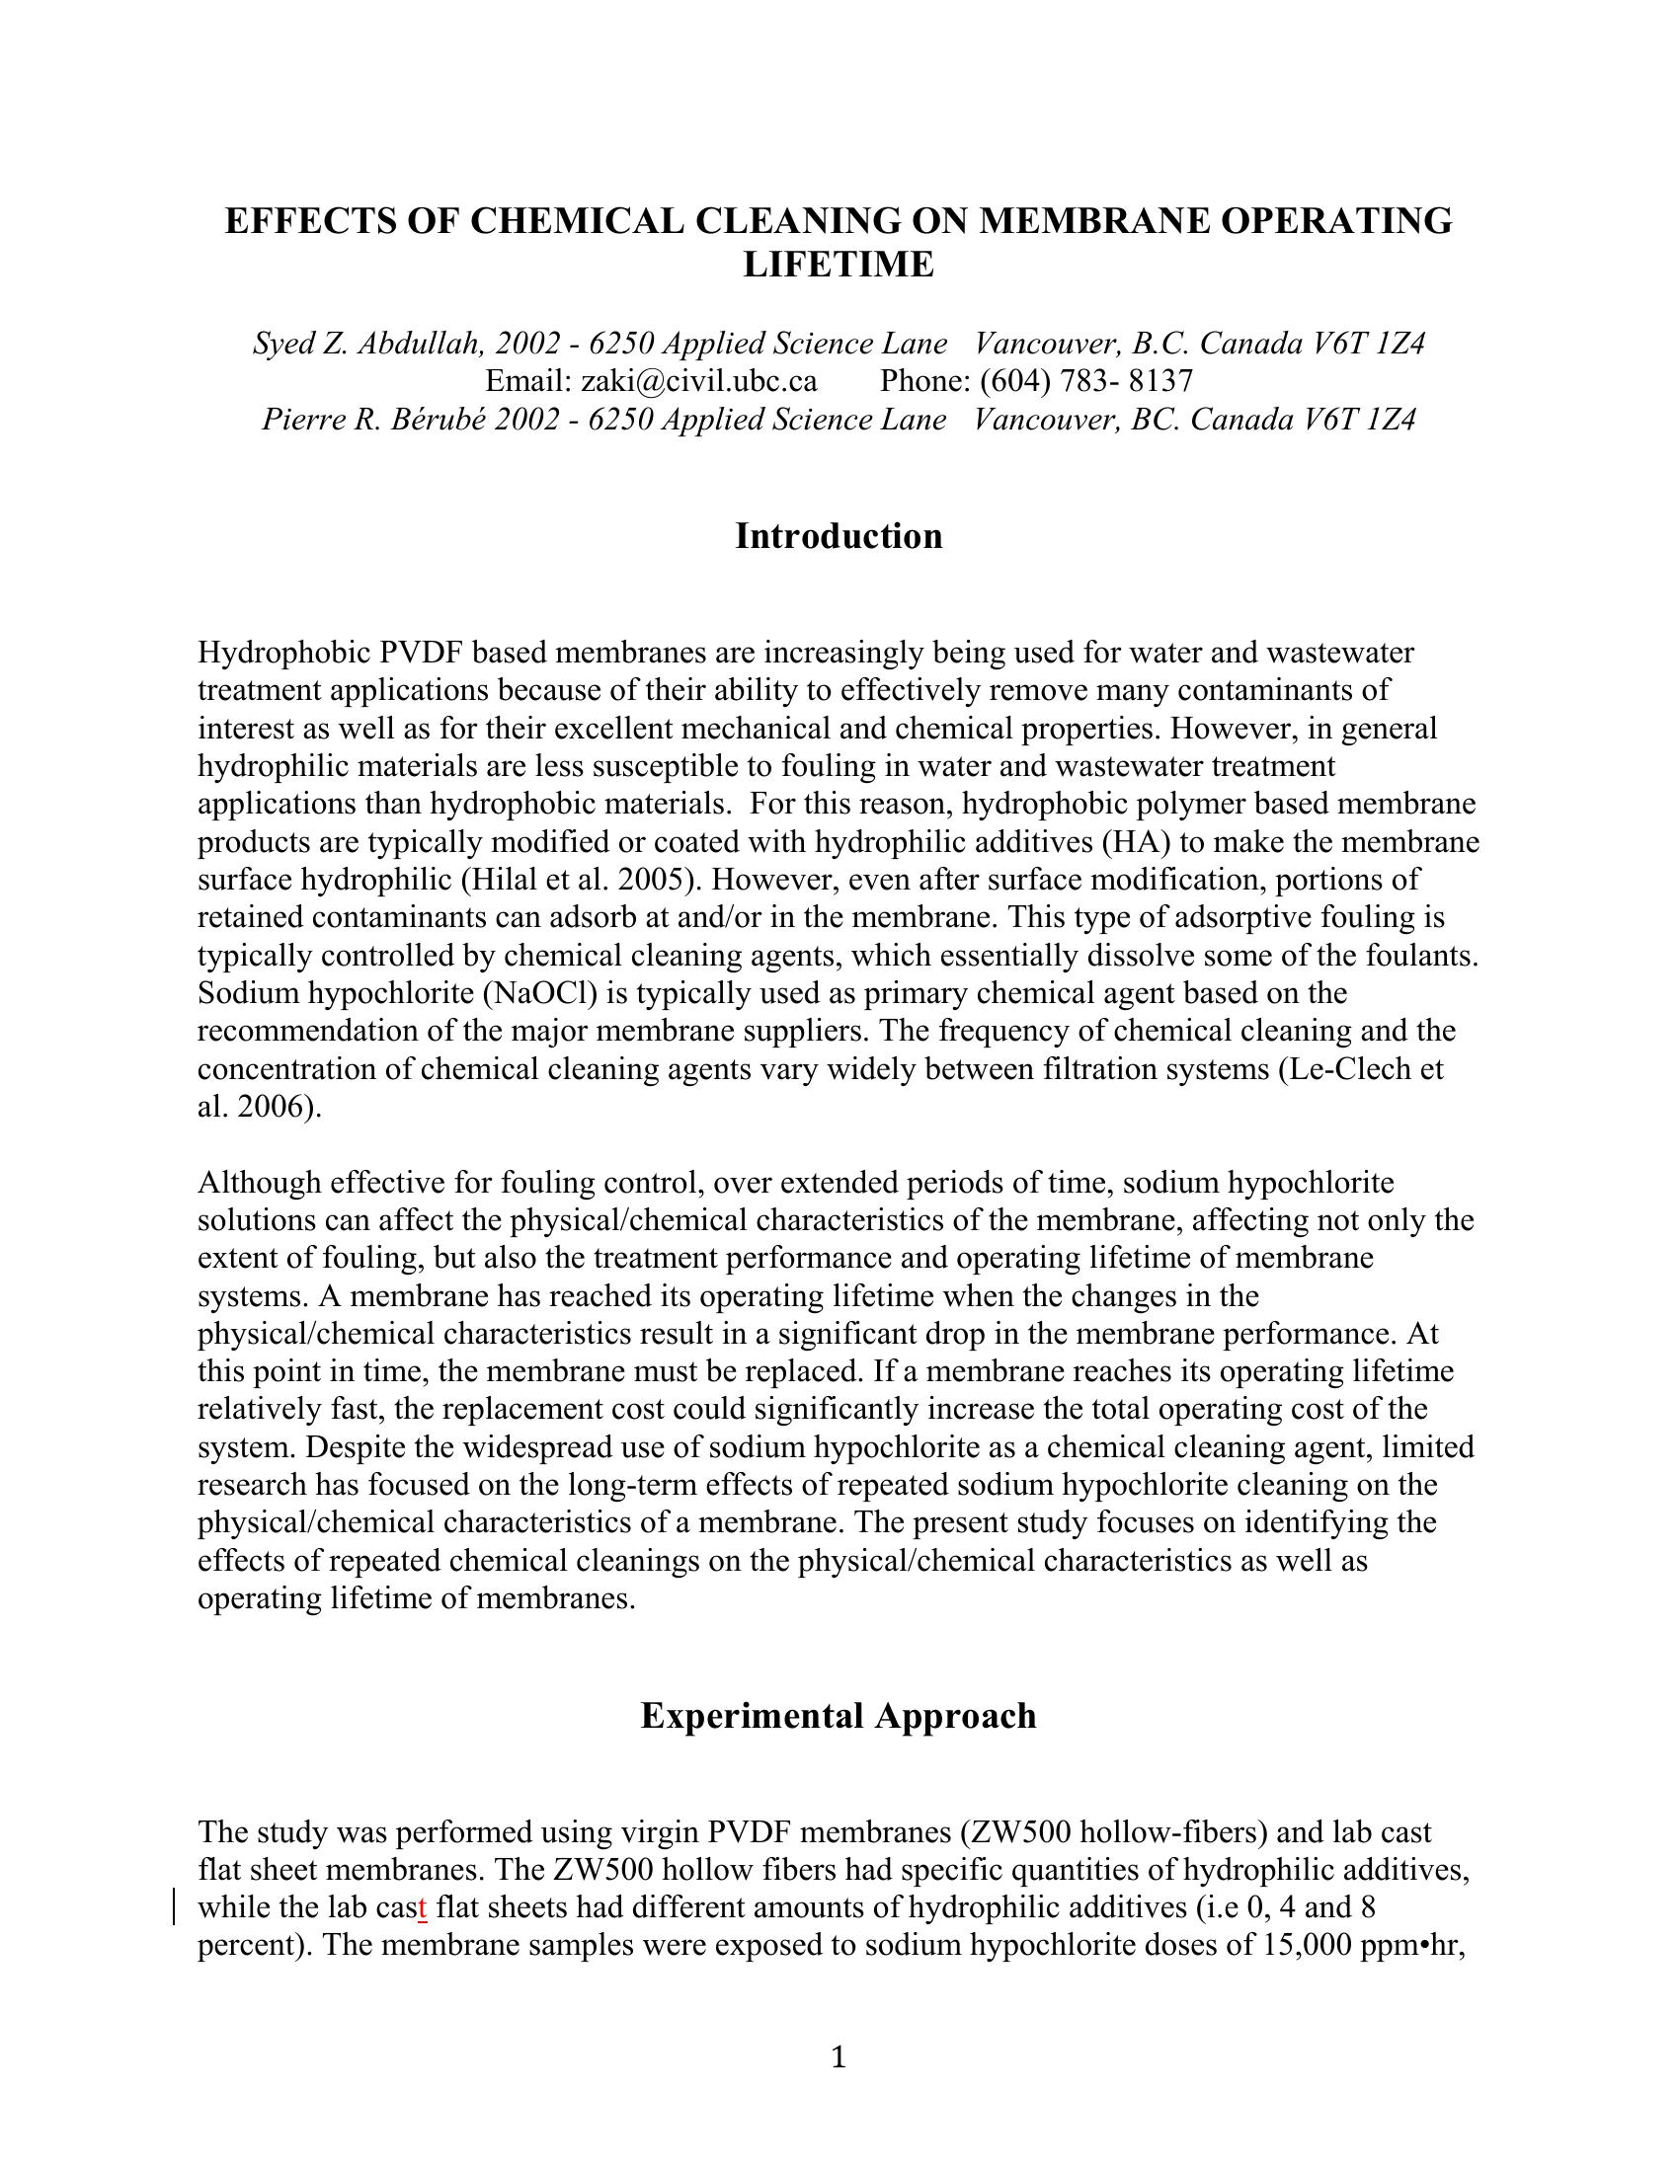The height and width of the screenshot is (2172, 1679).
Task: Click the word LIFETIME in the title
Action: click(x=839, y=265)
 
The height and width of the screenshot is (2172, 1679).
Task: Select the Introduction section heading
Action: click(x=839, y=536)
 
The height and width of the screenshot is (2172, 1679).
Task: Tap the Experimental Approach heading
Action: click(x=839, y=1716)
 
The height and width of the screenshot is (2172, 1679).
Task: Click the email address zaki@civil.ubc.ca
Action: click(x=698, y=381)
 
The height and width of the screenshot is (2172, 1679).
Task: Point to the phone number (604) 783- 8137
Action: click(x=1086, y=381)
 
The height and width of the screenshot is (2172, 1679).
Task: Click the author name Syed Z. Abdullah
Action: click(x=369, y=344)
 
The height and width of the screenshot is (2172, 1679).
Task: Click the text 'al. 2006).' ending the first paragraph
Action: click(x=260, y=1107)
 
